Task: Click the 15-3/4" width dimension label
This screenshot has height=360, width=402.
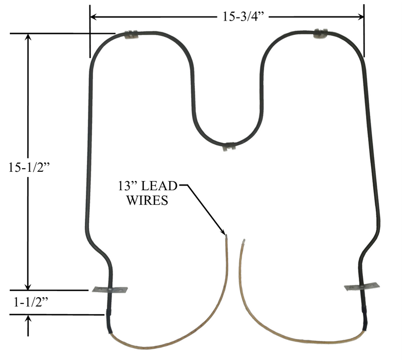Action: pos(241,17)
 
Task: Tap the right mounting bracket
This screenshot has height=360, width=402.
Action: pos(362,286)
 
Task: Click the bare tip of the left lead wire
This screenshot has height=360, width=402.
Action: pos(225,238)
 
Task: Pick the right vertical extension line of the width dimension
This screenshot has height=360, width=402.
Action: pos(363,31)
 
